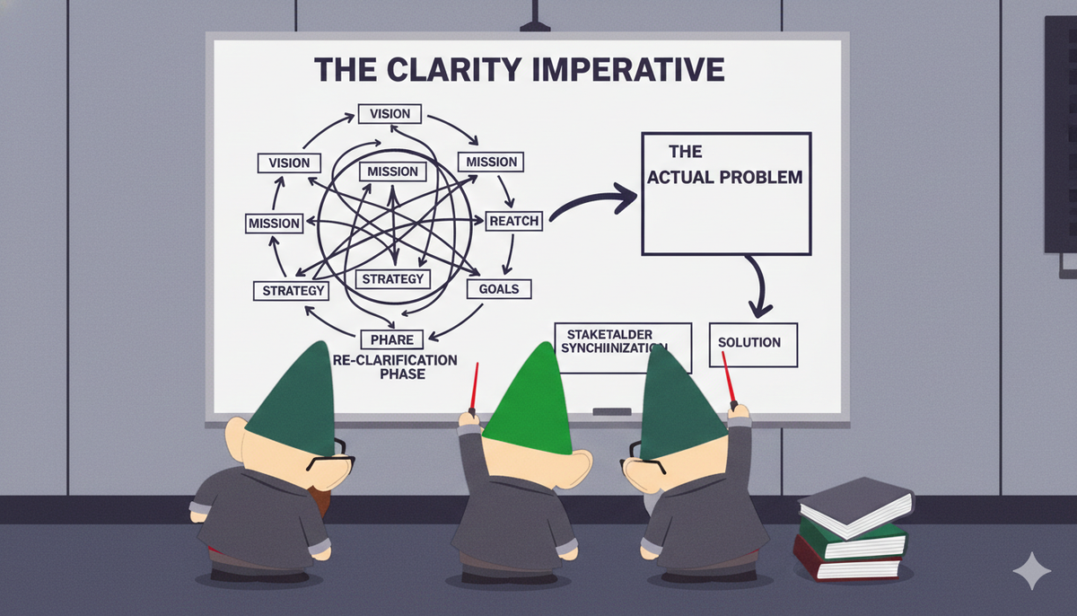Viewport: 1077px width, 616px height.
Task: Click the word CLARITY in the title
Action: [x=466, y=69]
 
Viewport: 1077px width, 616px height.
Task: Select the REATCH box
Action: [x=514, y=220]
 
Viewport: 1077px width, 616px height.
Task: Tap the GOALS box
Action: [x=499, y=289]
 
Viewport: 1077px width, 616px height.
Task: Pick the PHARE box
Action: [x=391, y=339]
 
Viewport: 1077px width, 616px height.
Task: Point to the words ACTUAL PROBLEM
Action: [x=725, y=177]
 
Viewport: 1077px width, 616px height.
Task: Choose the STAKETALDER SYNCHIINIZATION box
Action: [x=623, y=346]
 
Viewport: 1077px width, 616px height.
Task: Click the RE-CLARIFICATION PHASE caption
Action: [x=395, y=366]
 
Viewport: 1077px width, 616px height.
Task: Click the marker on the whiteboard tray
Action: [x=611, y=411]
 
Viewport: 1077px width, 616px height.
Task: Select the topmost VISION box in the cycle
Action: [x=390, y=114]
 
